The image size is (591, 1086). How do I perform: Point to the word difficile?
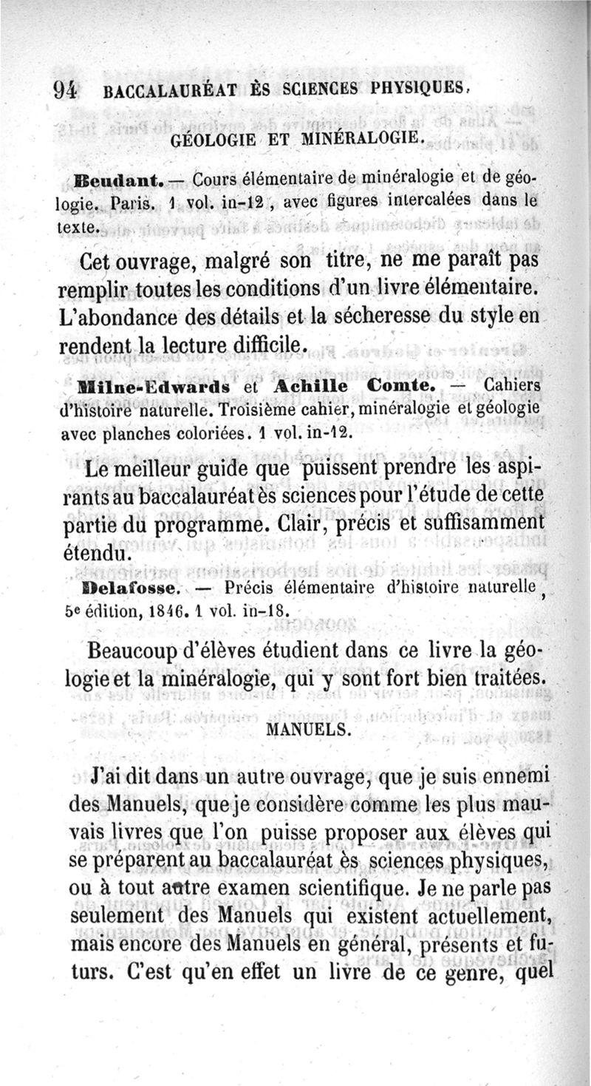point(259,345)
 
